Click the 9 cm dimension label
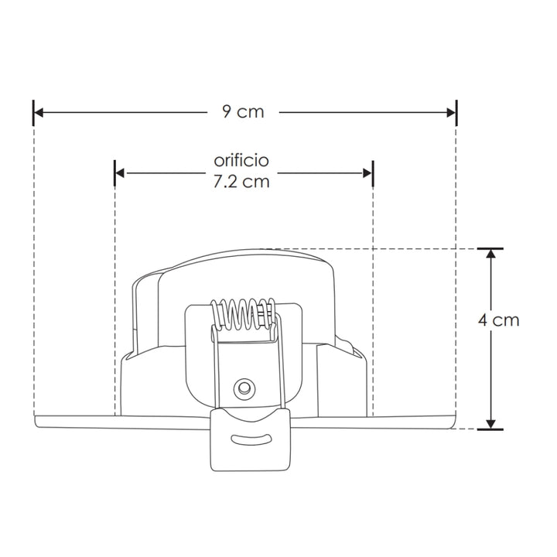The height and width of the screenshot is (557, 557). tap(244, 112)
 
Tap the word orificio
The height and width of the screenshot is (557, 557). tap(241, 161)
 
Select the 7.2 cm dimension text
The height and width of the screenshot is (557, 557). tap(241, 182)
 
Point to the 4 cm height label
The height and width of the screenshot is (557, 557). tap(498, 320)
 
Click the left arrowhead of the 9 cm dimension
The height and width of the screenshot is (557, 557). tap(39, 113)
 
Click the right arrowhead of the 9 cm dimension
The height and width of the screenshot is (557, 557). tap(451, 113)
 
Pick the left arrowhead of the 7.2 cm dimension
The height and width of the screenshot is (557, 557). tap(120, 173)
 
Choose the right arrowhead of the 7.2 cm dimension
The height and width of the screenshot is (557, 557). tap(367, 173)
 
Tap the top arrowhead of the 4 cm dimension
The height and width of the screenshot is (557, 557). tap(490, 254)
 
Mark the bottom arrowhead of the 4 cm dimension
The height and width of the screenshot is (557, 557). tap(490, 424)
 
